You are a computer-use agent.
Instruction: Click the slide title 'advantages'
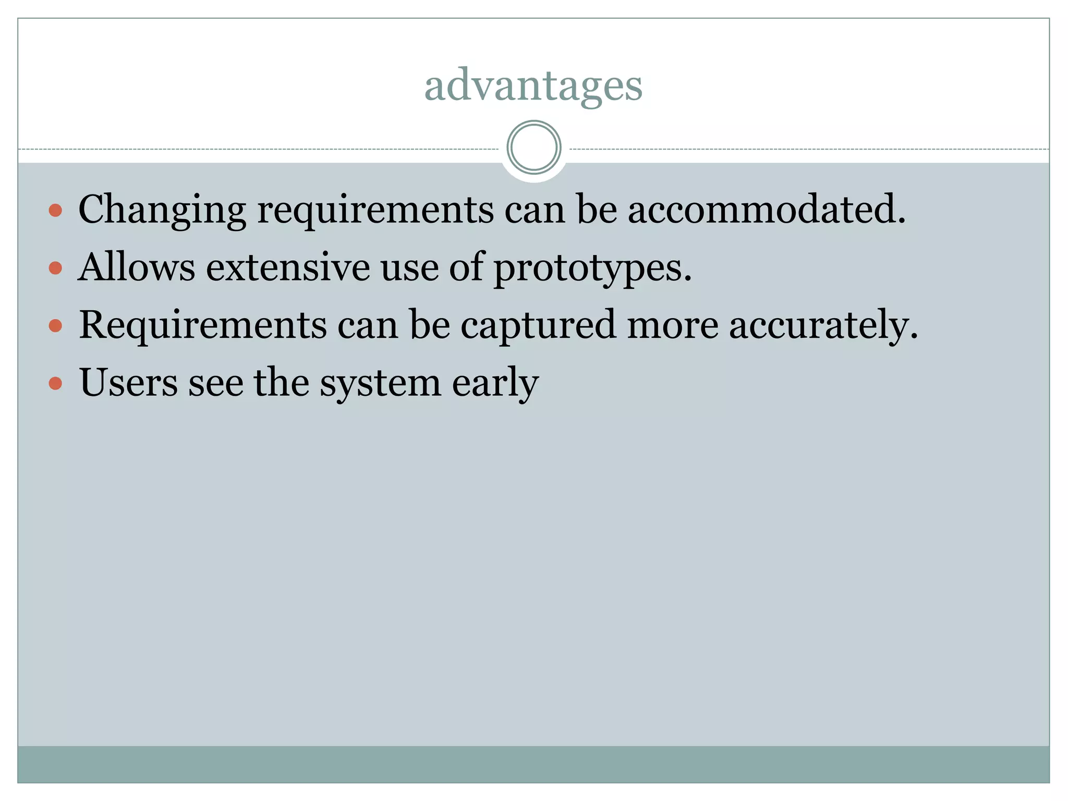533,86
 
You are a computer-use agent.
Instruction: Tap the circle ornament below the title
533,147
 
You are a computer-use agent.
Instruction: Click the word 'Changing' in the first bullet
162,210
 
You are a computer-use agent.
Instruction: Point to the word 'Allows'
137,267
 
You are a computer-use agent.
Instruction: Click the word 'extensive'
288,267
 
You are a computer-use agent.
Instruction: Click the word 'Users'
128,382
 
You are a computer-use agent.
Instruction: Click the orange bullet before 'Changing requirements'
55,211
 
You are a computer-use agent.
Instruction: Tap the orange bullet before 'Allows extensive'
55,269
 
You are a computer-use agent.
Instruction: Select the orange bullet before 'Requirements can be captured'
55,326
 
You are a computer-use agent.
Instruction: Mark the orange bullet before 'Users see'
55,384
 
